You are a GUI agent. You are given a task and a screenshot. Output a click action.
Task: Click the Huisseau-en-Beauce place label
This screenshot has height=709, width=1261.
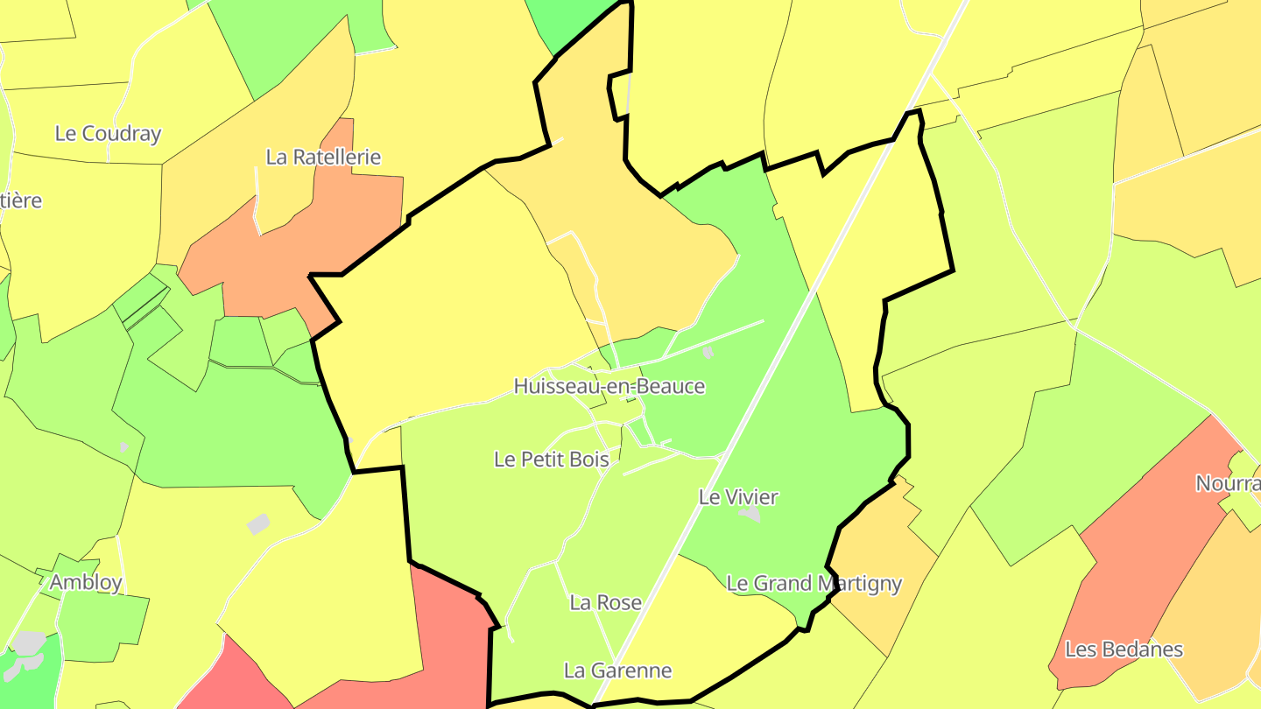pos(609,386)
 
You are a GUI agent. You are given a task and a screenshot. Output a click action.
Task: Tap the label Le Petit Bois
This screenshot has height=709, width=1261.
pos(551,459)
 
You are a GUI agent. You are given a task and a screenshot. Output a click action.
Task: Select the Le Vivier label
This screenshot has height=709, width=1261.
pos(738,497)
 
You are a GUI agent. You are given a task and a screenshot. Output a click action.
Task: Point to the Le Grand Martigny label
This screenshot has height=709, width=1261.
pos(814,584)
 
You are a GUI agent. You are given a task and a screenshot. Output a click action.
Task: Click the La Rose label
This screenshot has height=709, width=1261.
pos(605,603)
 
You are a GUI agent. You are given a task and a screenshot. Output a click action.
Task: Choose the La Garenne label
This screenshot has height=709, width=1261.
pos(617,671)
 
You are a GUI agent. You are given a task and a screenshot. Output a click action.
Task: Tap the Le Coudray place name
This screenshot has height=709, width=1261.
pos(108,134)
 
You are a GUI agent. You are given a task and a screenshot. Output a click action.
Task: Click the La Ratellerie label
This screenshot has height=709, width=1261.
pos(323,158)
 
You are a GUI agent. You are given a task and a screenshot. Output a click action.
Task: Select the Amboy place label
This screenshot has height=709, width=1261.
pos(86,583)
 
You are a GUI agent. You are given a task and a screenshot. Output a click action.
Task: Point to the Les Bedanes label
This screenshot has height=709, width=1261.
pos(1124,649)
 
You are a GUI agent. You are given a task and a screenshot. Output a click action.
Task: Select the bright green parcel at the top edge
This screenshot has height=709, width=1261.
pos(569,22)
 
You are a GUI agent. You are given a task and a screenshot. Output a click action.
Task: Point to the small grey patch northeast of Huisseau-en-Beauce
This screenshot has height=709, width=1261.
pos(708,353)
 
